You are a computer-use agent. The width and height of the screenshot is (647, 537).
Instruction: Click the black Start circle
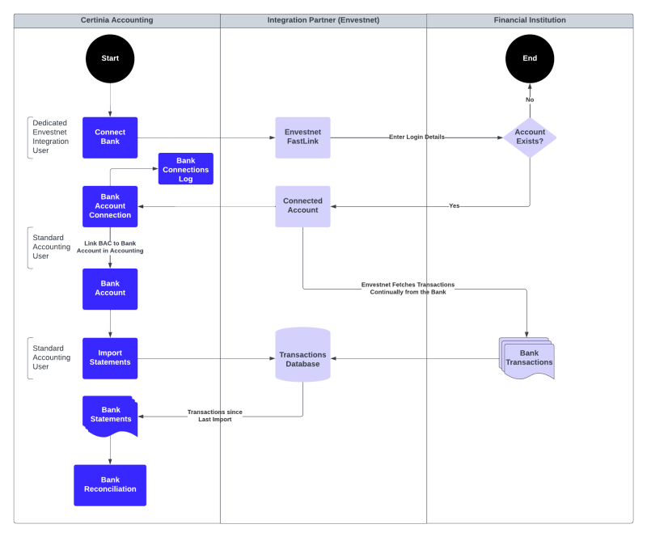click(x=110, y=58)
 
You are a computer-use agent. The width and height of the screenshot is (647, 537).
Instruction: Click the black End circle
click(x=530, y=58)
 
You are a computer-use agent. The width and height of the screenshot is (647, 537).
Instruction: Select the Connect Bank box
click(x=110, y=137)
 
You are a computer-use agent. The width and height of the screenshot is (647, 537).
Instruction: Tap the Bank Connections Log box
click(x=186, y=169)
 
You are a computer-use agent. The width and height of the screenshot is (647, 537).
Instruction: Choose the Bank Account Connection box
click(x=110, y=206)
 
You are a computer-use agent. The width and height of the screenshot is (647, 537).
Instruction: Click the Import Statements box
click(x=110, y=357)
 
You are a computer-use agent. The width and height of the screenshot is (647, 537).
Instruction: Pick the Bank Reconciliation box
click(x=110, y=484)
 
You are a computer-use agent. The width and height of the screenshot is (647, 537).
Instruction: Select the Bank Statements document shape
click(x=110, y=415)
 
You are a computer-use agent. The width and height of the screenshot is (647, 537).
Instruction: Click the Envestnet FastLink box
click(x=302, y=137)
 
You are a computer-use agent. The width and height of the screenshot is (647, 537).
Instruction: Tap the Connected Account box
click(x=302, y=205)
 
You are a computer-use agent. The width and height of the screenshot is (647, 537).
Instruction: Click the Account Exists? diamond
click(x=530, y=137)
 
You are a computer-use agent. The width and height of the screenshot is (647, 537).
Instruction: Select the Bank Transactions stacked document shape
click(x=528, y=358)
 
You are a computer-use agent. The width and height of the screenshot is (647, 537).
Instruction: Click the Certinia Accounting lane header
click(x=116, y=20)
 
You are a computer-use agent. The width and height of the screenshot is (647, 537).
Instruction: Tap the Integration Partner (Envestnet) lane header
click(x=323, y=20)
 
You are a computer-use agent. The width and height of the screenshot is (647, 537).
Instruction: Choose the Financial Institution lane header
click(x=530, y=20)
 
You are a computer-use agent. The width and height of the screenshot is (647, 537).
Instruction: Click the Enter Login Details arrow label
click(x=417, y=137)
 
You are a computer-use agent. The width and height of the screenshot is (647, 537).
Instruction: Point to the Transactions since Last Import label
click(x=215, y=416)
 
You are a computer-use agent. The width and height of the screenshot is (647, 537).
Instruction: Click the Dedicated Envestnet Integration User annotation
click(x=50, y=137)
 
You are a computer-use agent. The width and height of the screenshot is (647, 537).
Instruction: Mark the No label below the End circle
click(x=530, y=99)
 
